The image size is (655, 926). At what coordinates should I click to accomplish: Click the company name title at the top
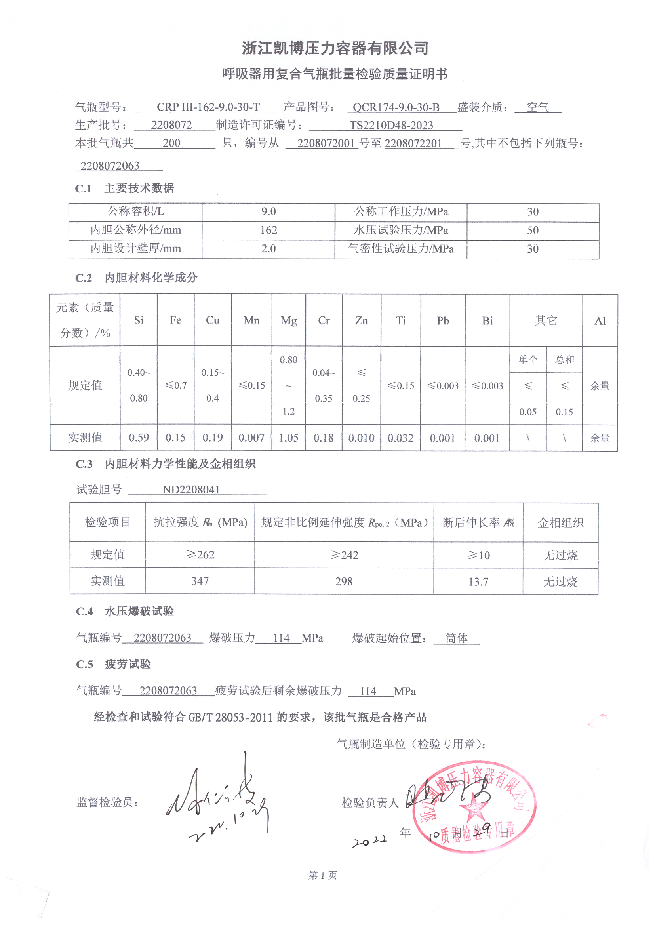point(335,48)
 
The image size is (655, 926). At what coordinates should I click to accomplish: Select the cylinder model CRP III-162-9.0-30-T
point(208,107)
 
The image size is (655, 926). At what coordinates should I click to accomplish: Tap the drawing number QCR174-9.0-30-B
point(396,107)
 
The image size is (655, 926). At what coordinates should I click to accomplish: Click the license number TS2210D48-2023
point(391,125)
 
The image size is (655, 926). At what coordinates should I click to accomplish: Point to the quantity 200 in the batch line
point(171,143)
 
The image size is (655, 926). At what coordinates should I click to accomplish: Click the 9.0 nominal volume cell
point(268,212)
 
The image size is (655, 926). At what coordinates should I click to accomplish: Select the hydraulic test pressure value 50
point(532,230)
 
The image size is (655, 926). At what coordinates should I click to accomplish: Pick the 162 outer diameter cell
point(268,230)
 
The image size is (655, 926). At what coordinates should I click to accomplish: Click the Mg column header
point(288,321)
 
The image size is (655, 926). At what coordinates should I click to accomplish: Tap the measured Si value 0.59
point(139,438)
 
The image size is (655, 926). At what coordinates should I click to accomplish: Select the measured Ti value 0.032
point(400,438)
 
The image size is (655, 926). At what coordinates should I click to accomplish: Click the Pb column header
point(443,321)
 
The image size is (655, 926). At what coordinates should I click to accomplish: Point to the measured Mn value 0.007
point(251,438)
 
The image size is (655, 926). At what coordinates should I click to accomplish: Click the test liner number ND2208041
point(191,490)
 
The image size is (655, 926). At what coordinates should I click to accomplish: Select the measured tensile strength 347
point(200,581)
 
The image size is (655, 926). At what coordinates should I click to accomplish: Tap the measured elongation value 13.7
point(478,581)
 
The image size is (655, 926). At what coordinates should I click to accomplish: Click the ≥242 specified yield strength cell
point(344,555)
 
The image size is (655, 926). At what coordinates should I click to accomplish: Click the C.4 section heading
point(125,612)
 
